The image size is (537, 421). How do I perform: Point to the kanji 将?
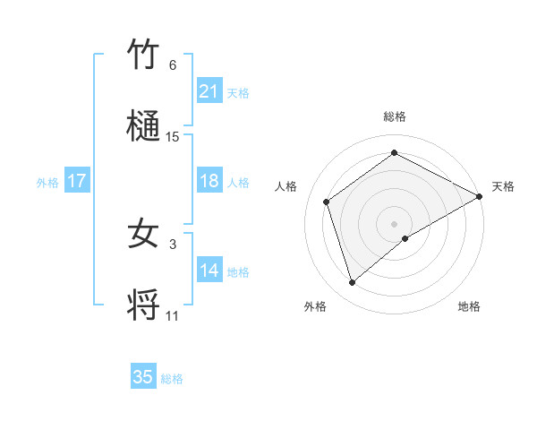(x=143, y=305)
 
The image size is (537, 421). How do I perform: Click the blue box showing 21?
(x=209, y=91)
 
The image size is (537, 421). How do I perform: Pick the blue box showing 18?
(x=209, y=181)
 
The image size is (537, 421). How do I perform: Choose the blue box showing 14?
(x=209, y=271)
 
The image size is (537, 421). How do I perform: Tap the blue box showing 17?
(x=77, y=181)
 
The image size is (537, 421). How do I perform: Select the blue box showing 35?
(x=143, y=377)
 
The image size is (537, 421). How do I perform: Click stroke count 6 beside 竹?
(x=172, y=65)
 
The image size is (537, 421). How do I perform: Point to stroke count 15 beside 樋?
(x=173, y=137)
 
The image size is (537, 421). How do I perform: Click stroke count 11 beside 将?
(x=173, y=316)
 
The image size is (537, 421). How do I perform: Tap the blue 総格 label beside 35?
(x=172, y=379)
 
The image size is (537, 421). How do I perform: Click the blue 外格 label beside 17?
(x=47, y=183)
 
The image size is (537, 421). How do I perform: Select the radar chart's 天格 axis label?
(x=503, y=186)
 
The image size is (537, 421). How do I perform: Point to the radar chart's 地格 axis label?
(x=469, y=307)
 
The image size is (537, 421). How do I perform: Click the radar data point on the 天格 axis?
(x=480, y=195)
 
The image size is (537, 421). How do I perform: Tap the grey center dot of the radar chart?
(x=394, y=223)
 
